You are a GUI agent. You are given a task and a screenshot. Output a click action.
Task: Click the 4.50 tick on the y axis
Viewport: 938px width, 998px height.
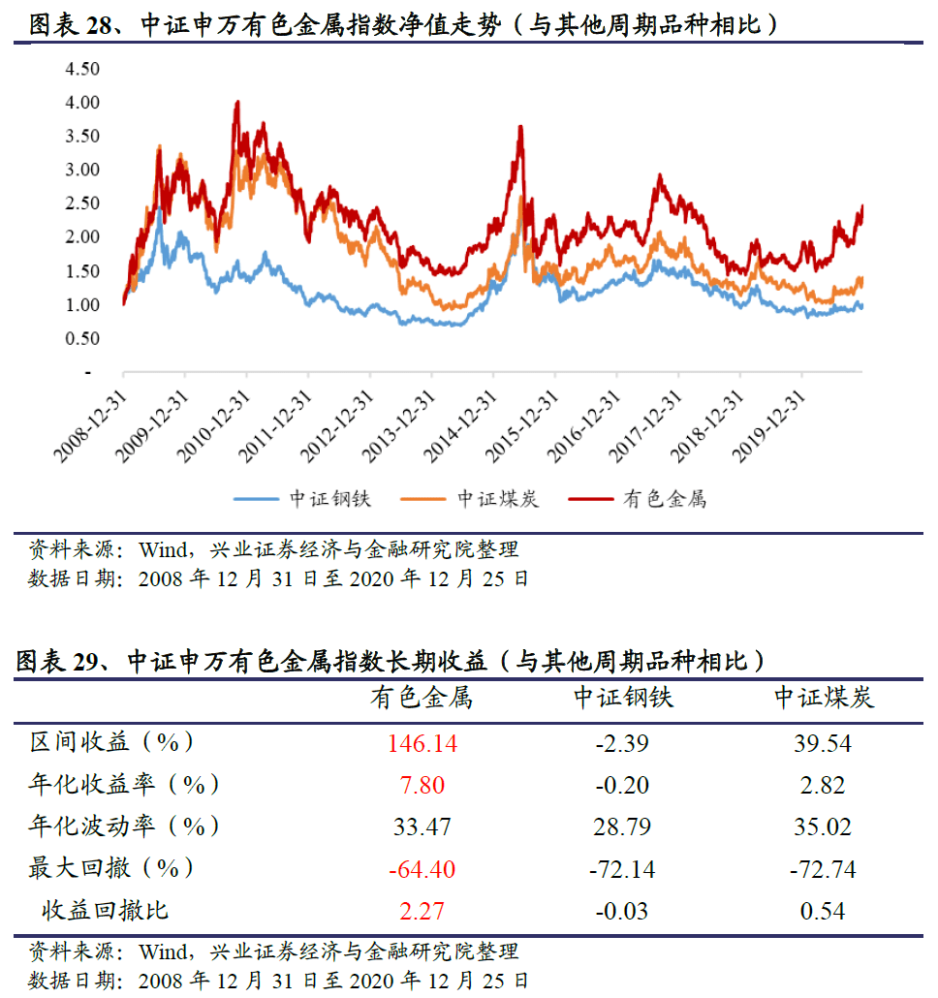pos(82,69)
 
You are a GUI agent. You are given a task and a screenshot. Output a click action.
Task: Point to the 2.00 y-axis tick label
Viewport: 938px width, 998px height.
pos(82,236)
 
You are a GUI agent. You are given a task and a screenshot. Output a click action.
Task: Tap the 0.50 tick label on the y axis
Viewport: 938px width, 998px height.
pos(82,338)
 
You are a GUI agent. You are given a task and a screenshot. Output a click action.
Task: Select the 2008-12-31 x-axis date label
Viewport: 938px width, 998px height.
pos(91,426)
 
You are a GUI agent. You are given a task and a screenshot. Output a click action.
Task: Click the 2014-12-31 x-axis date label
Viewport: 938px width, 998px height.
pos(460,426)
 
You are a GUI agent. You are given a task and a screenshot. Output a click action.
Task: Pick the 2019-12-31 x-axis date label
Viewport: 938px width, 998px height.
pos(768,426)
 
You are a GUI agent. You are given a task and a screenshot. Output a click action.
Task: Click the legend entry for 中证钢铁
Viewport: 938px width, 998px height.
pos(303,499)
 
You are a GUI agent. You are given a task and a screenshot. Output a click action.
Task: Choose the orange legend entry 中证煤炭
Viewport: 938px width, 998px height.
pos(470,499)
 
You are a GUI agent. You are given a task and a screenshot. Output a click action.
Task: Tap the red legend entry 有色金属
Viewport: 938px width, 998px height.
pos(638,499)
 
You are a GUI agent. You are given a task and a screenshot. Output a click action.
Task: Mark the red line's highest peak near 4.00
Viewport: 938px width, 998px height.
pos(237,101)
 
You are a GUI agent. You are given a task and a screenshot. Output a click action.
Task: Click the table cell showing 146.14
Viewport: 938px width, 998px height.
pos(422,743)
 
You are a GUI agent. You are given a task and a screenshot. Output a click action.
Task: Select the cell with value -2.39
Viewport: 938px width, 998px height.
pos(622,743)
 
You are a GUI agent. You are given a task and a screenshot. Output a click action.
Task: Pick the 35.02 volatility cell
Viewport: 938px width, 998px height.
pos(822,826)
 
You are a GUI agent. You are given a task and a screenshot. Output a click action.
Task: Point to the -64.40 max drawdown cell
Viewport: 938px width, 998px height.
pos(422,869)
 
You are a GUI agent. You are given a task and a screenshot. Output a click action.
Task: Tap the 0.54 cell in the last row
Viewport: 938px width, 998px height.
pos(822,911)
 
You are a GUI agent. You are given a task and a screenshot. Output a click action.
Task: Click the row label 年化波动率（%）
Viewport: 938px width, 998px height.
pos(123,826)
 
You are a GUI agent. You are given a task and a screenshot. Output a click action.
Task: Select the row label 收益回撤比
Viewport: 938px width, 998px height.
pos(105,910)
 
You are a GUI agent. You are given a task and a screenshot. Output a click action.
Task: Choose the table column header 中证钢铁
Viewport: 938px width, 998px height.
pos(623,698)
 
